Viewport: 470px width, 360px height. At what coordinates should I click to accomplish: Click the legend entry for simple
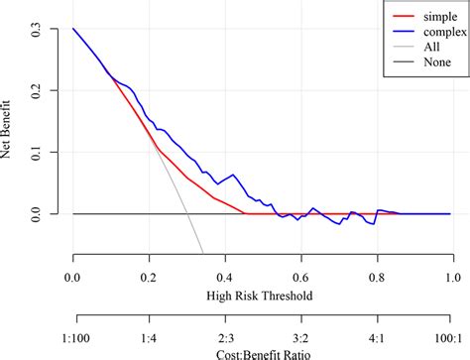[411, 17]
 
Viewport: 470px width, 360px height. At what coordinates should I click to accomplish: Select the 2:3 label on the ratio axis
[225, 335]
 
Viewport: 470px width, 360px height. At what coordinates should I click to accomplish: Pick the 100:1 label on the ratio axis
[450, 335]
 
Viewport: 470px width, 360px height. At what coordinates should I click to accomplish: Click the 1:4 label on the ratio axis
[149, 335]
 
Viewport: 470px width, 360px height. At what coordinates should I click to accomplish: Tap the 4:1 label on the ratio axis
[377, 335]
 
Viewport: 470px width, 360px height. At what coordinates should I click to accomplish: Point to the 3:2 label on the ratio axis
[300, 335]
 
